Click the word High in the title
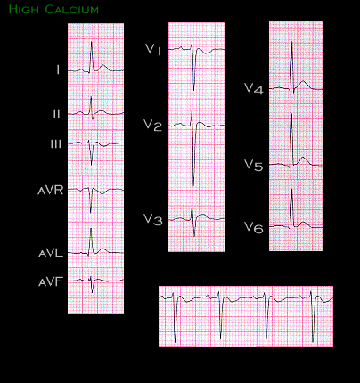[24, 9]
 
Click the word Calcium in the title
[72, 9]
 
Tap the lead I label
[58, 70]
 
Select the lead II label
[56, 114]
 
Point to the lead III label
[56, 144]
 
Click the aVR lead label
[51, 191]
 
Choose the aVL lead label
[51, 253]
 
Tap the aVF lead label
[51, 281]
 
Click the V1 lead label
[153, 49]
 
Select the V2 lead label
[152, 126]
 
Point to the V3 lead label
[153, 220]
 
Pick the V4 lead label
[254, 88]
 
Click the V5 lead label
[254, 165]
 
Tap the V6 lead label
[254, 227]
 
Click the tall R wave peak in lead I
[92, 42]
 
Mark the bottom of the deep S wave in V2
[193, 185]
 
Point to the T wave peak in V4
[303, 81]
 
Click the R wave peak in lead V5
[292, 114]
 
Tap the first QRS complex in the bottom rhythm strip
[175, 317]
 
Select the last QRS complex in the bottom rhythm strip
[312, 316]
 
